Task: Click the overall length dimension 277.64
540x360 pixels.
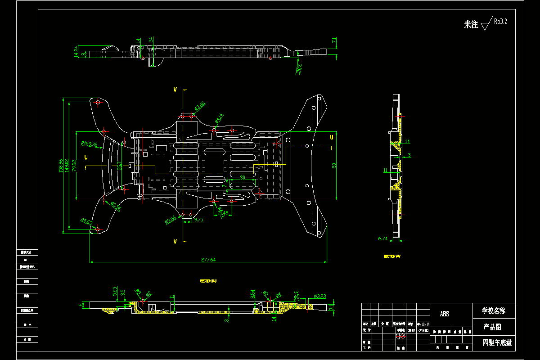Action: (x=208, y=260)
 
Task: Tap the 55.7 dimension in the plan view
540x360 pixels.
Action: (x=120, y=166)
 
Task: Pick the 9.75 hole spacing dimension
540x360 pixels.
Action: (x=199, y=220)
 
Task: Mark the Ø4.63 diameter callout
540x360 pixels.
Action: (x=86, y=221)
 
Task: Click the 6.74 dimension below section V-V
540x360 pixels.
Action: (x=383, y=238)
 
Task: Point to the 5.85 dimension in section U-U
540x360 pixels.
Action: (x=115, y=291)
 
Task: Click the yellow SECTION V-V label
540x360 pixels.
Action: (x=392, y=256)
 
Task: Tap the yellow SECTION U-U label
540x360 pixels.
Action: (x=208, y=281)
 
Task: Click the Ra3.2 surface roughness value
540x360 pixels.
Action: (x=500, y=21)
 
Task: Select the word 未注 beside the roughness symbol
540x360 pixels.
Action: (x=471, y=25)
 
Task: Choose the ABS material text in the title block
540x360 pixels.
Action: (x=444, y=314)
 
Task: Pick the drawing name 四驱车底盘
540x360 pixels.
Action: (x=497, y=343)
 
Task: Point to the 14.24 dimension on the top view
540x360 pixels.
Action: (x=76, y=52)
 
